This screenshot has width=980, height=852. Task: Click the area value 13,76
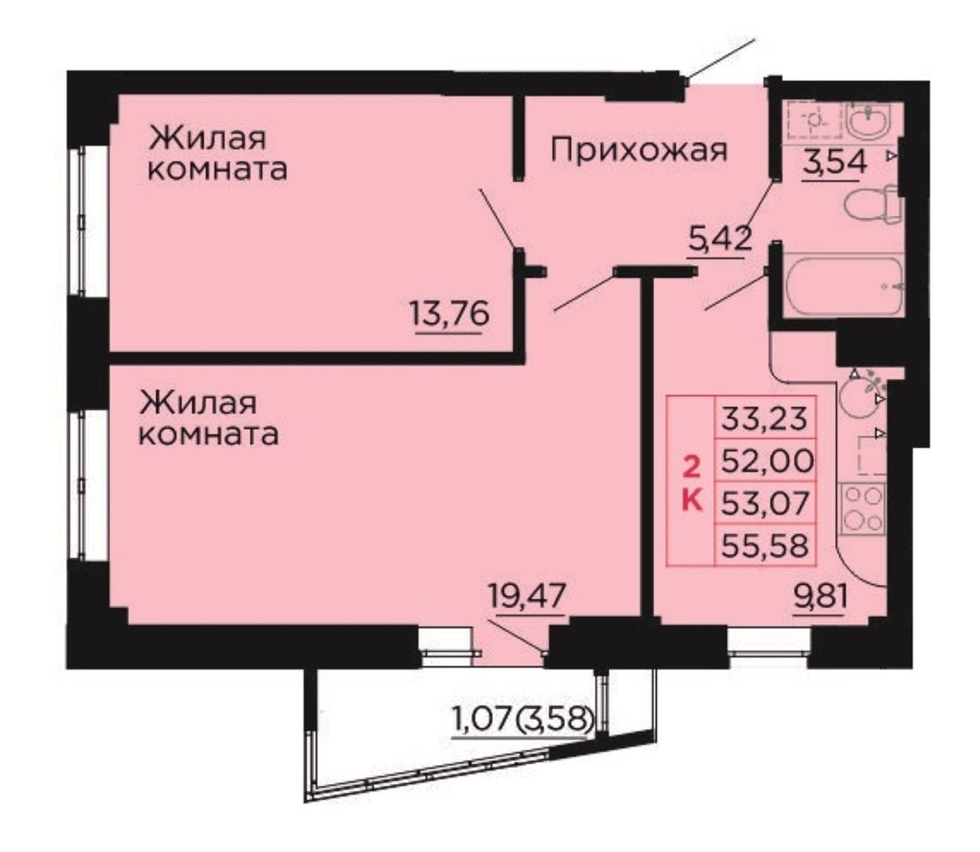coord(449,315)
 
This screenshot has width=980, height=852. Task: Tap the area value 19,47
coord(527,597)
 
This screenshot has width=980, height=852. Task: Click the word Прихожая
coord(639,150)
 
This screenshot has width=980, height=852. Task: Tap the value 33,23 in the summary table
coord(764,418)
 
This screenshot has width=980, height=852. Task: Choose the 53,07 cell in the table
coord(765,503)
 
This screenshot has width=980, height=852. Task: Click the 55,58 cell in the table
coord(765,545)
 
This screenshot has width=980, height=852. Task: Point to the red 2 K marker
coord(691,485)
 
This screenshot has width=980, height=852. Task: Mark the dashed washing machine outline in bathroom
coord(814,119)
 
